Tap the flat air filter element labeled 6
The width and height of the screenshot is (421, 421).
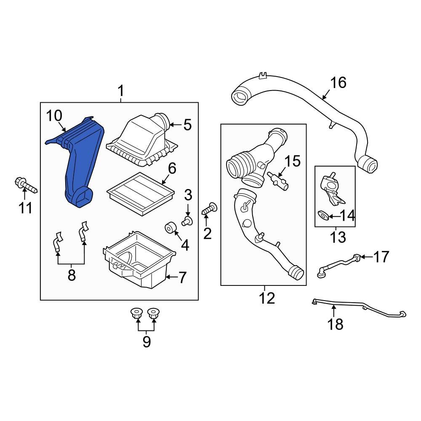tap(141, 195)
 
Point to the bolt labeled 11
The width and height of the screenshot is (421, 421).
tap(25, 185)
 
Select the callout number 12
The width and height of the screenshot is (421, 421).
tap(267, 298)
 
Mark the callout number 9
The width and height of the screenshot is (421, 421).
tap(146, 341)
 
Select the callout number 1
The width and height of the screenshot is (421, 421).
tap(120, 91)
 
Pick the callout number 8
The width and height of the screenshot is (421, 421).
tap(71, 275)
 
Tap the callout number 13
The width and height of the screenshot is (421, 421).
tap(338, 237)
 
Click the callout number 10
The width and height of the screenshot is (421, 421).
tap(54, 115)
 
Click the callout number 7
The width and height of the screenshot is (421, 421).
tap(182, 277)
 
